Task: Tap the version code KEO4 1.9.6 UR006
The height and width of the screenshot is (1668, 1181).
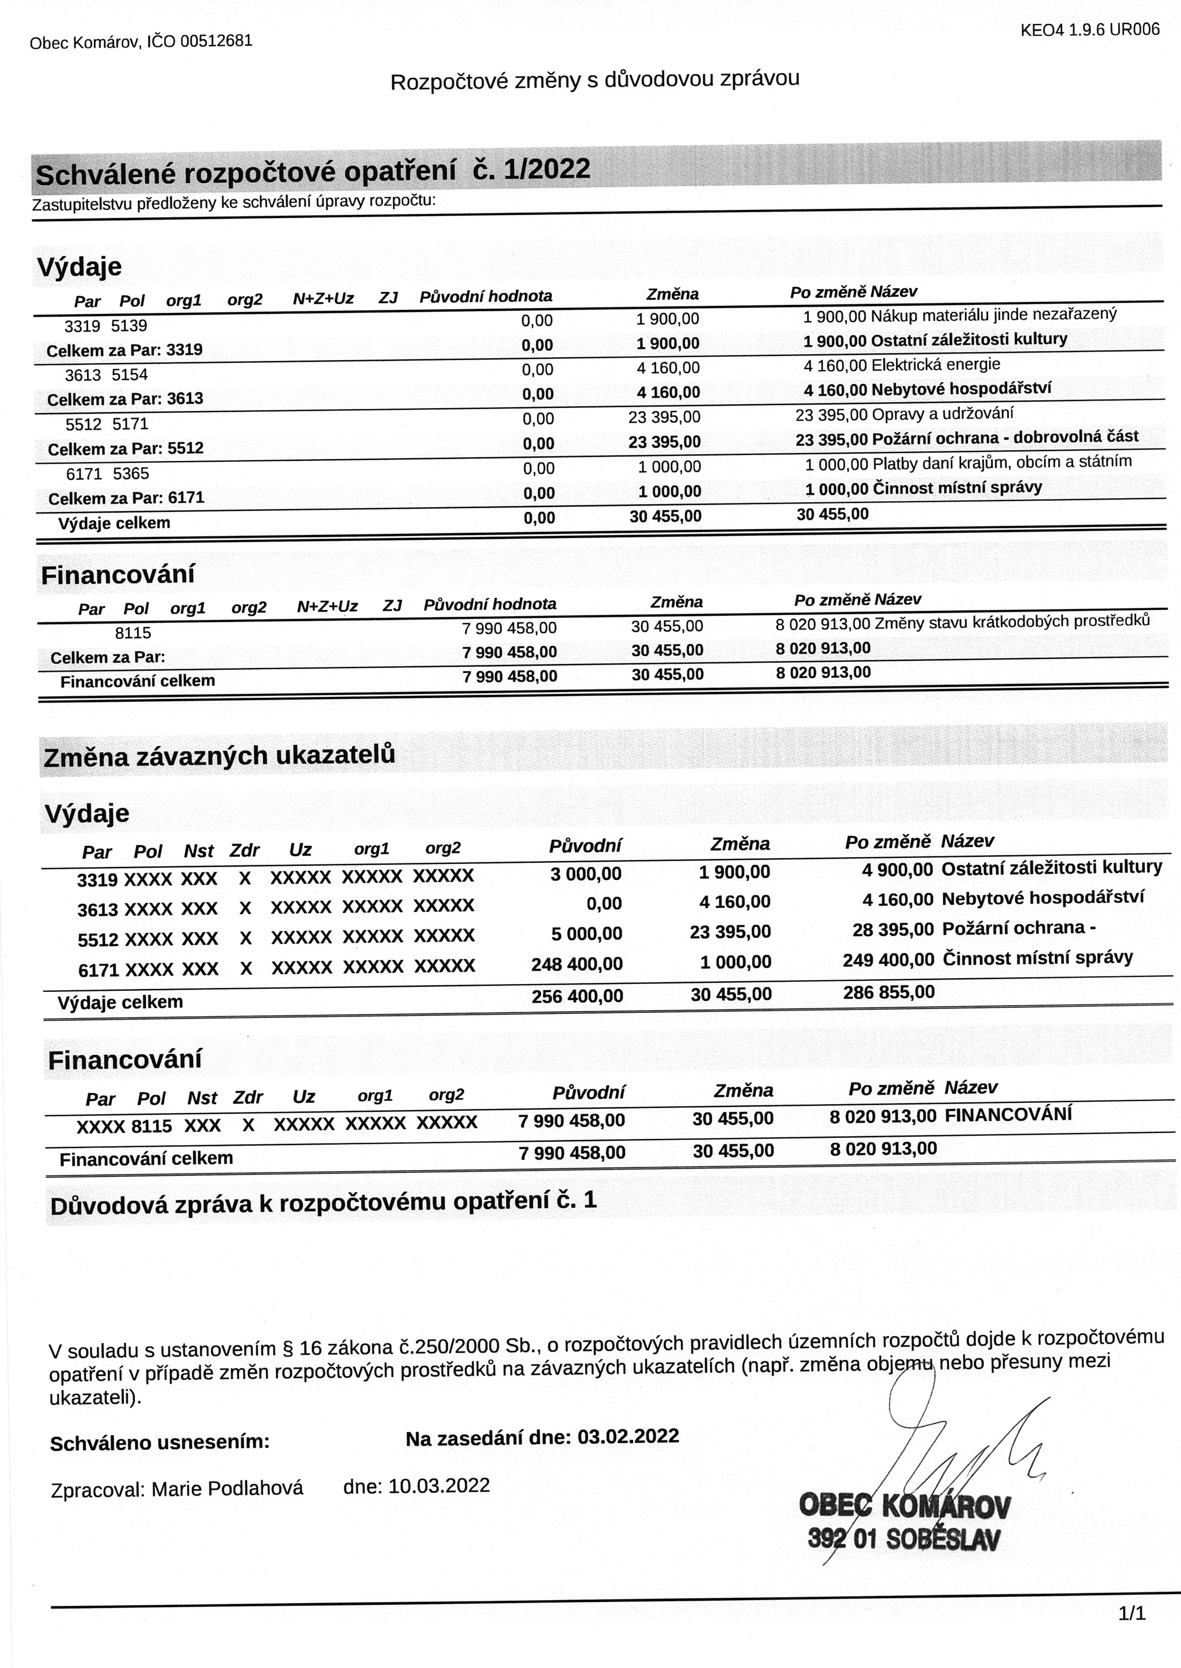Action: click(x=1089, y=30)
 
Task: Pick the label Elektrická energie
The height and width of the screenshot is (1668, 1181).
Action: click(x=935, y=365)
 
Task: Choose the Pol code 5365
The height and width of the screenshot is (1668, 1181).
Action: click(x=131, y=474)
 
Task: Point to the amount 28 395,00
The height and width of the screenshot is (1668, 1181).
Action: click(x=892, y=930)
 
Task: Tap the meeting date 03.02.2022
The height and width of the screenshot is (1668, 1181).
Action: click(x=628, y=1436)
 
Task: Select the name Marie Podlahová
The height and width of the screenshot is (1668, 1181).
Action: click(x=227, y=1489)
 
